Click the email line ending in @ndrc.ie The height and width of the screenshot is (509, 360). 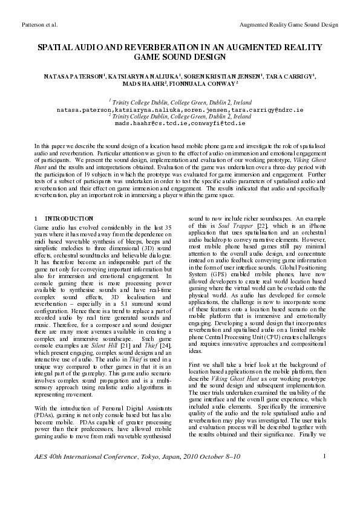tap(180, 111)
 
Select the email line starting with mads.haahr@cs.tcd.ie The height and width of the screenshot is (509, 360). tap(180, 122)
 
